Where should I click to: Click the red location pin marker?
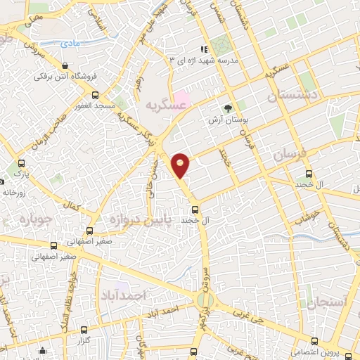pos(181,165)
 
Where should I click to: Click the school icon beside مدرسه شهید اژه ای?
pos(204,49)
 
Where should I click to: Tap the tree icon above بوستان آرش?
pos(226,108)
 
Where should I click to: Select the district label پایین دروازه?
pos(139,220)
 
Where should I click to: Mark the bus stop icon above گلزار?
pos(84,329)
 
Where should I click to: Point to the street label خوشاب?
pos(307,214)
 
